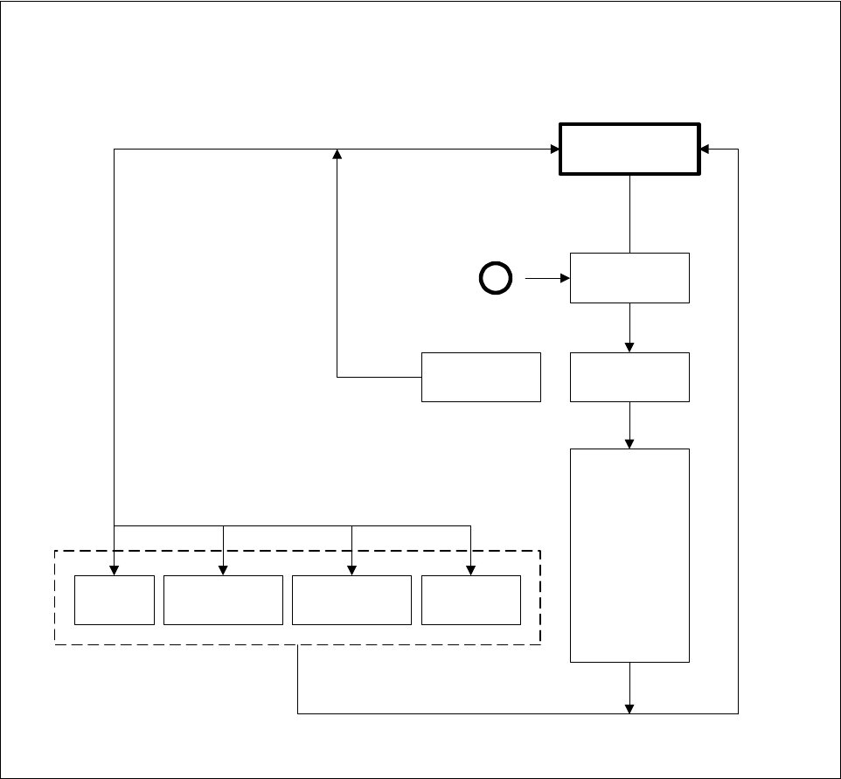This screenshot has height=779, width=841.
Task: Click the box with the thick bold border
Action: point(629,149)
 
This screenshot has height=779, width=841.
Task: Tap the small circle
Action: point(495,279)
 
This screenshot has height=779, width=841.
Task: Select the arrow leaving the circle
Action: point(546,279)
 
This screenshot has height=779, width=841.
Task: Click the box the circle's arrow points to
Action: point(629,278)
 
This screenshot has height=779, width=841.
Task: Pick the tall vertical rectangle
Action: point(629,555)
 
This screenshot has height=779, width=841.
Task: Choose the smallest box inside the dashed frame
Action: point(114,600)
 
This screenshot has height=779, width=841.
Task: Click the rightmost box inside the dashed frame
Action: point(470,600)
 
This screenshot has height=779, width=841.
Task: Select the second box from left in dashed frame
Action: point(223,600)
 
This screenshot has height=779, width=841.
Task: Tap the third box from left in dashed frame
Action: point(351,600)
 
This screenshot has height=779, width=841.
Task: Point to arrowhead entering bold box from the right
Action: point(705,149)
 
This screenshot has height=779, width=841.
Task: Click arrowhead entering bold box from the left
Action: point(554,149)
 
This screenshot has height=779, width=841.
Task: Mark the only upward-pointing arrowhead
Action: point(337,154)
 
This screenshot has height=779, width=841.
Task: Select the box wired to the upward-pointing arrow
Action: point(481,377)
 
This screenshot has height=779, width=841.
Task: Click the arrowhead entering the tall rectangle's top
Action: point(629,443)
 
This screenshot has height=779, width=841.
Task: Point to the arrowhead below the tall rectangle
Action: point(629,708)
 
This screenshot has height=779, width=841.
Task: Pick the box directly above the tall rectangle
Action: point(629,377)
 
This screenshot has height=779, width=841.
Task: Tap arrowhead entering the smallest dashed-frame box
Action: point(114,570)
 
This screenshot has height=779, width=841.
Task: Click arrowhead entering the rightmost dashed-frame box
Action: point(470,570)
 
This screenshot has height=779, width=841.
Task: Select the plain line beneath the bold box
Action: point(629,214)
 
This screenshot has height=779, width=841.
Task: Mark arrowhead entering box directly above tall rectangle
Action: point(629,347)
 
